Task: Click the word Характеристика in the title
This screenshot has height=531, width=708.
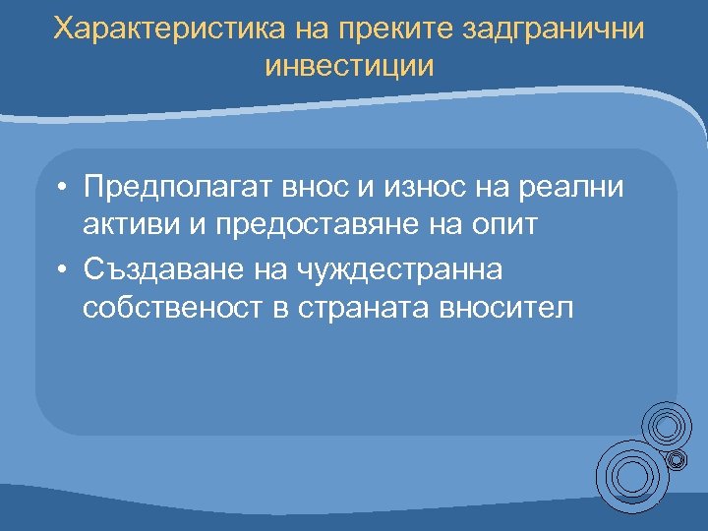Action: point(170,29)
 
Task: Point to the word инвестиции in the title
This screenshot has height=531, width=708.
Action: point(349,66)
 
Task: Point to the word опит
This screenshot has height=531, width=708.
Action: point(498,224)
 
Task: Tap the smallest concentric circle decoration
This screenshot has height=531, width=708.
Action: point(677,458)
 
